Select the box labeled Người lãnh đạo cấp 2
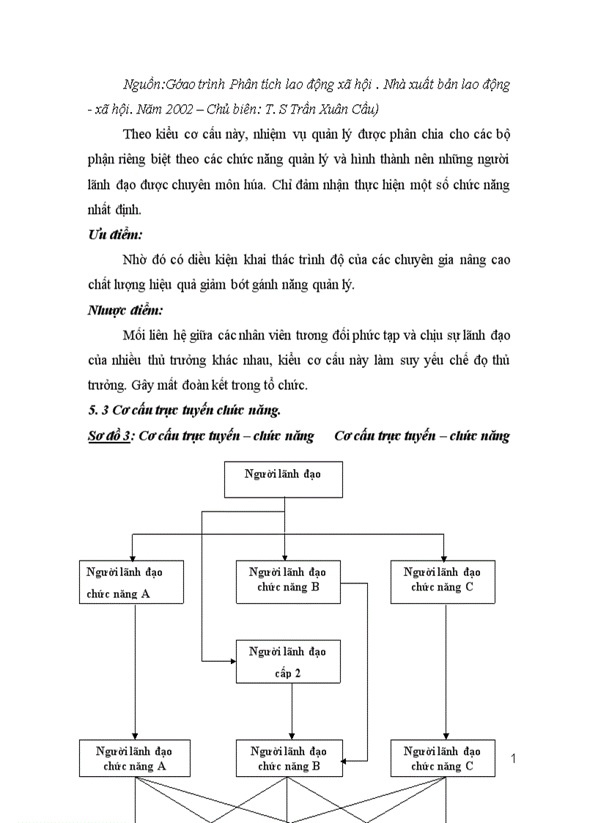[x=288, y=662]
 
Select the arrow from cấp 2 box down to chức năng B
[x=292, y=711]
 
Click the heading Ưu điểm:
[x=116, y=235]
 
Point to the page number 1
[x=513, y=759]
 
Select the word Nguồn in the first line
[x=142, y=84]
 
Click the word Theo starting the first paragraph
[x=137, y=134]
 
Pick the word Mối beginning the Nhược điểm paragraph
[x=136, y=335]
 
